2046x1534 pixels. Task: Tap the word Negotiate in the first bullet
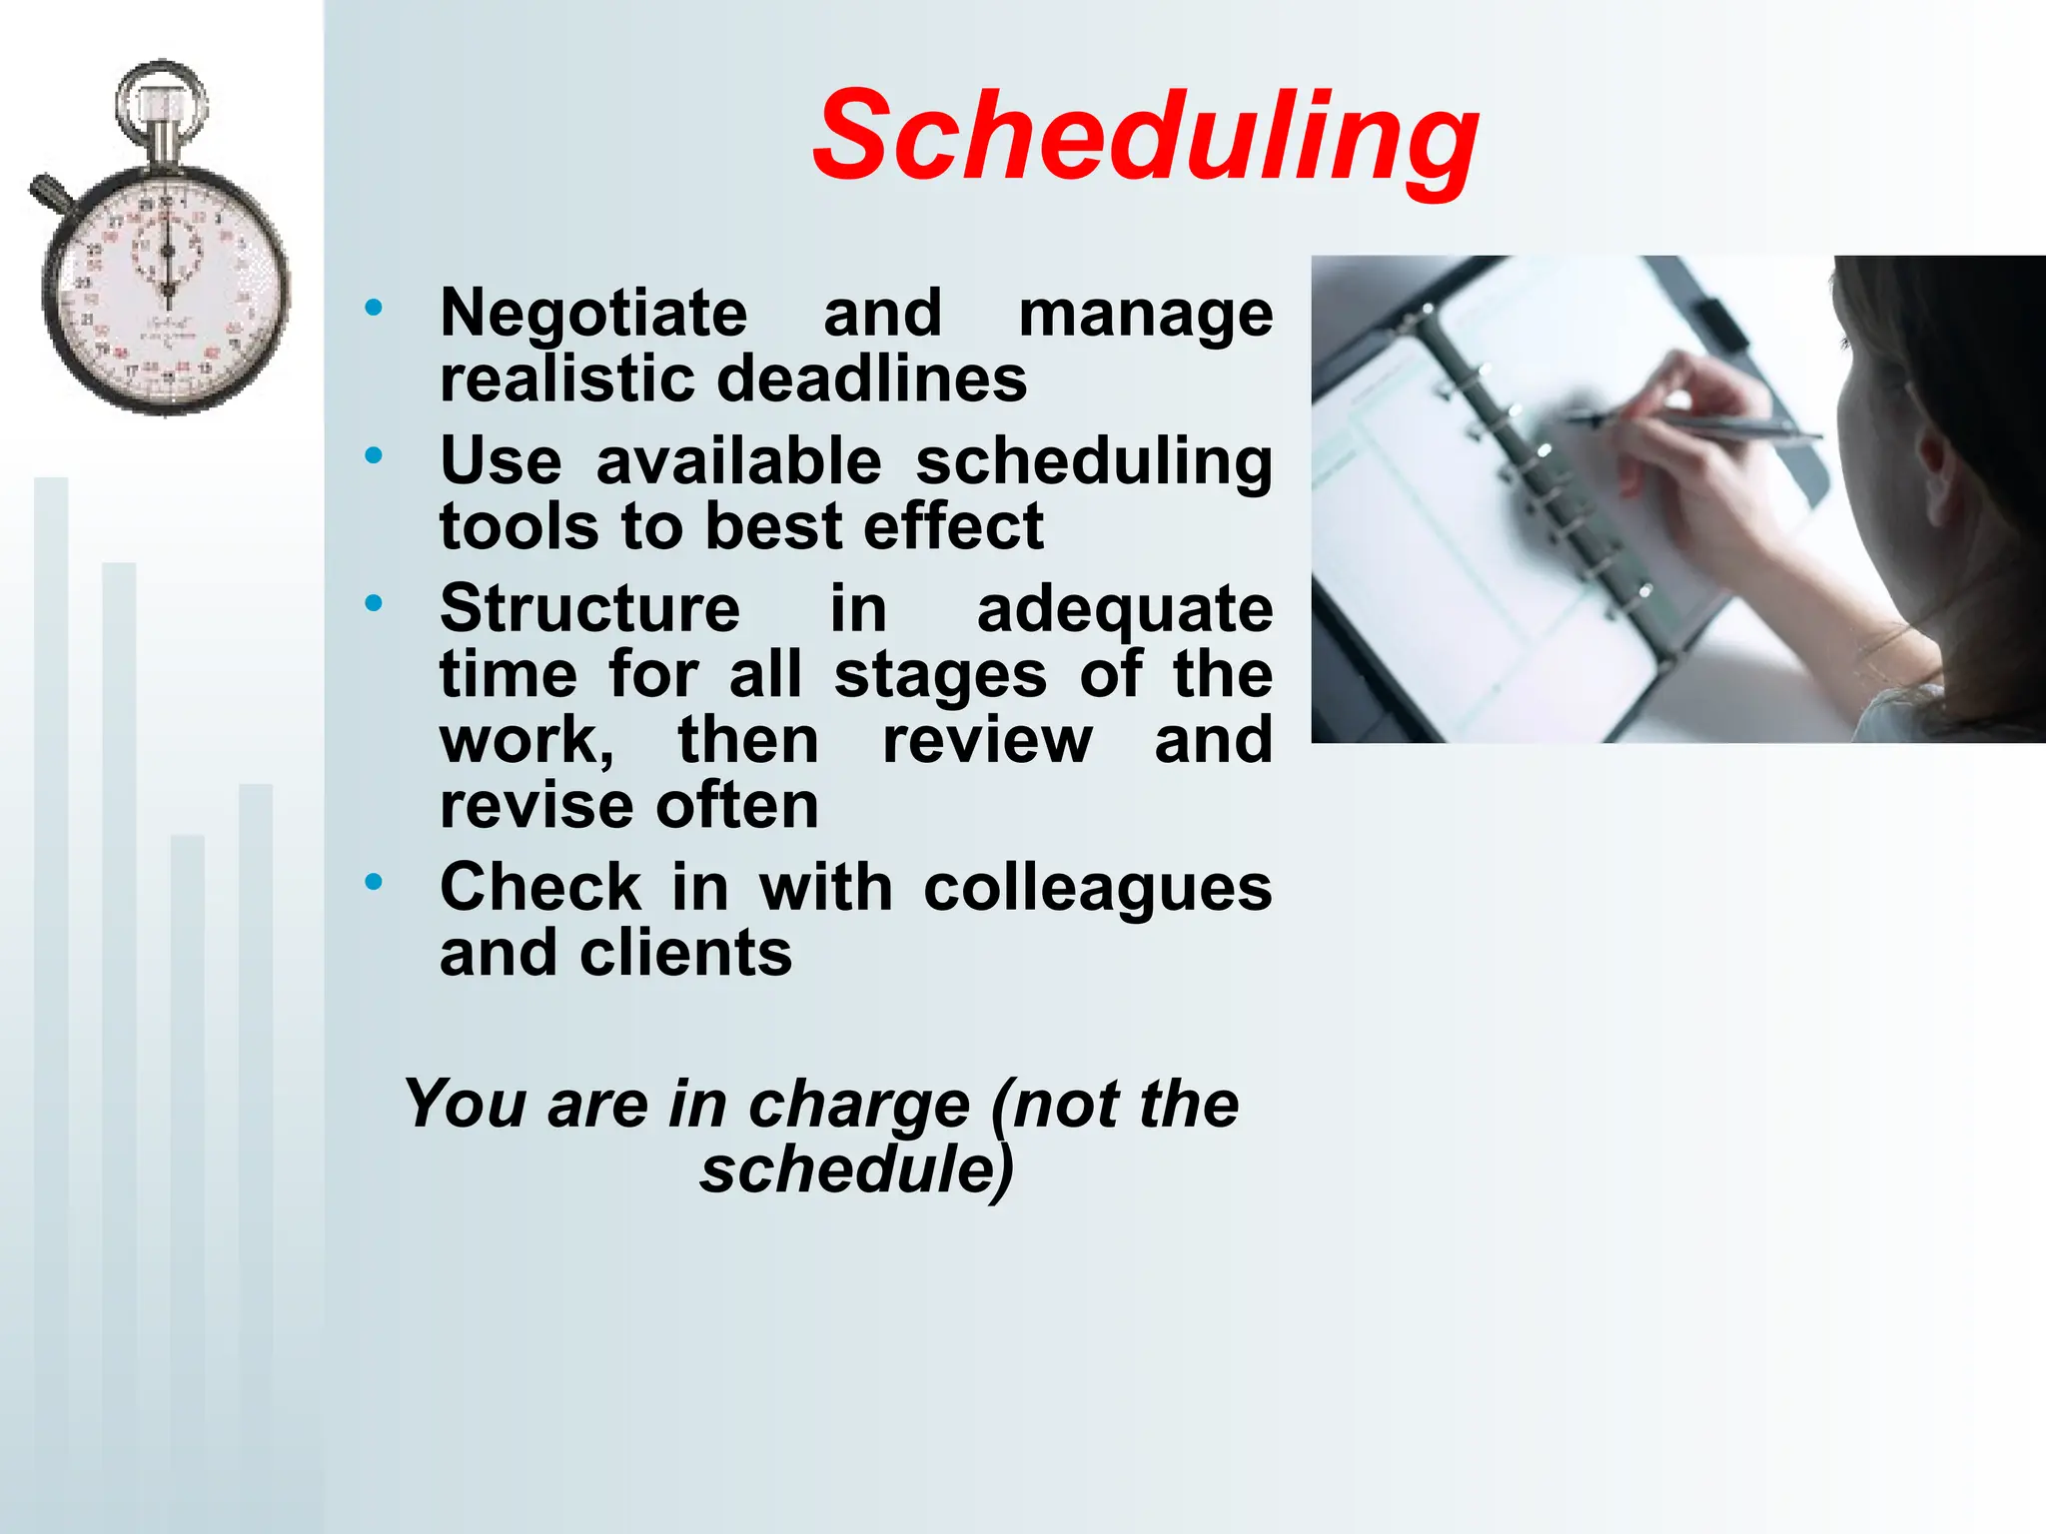tap(593, 313)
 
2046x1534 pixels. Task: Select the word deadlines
tap(872, 380)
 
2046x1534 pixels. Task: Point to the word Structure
tap(589, 608)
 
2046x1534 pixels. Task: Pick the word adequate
tap(1124, 610)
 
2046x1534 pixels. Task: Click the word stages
tap(940, 676)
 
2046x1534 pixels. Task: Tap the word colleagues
tap(1097, 888)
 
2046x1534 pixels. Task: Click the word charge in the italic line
tap(858, 1106)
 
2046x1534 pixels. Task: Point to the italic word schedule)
tap(856, 1169)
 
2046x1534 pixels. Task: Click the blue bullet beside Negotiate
tap(374, 308)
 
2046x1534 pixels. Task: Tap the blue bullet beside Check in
tap(374, 882)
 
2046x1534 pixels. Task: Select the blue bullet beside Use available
tap(374, 456)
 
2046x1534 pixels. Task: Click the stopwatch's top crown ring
tap(162, 103)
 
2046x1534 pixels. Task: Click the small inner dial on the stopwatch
tap(168, 251)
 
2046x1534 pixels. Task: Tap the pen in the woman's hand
tap(1698, 426)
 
